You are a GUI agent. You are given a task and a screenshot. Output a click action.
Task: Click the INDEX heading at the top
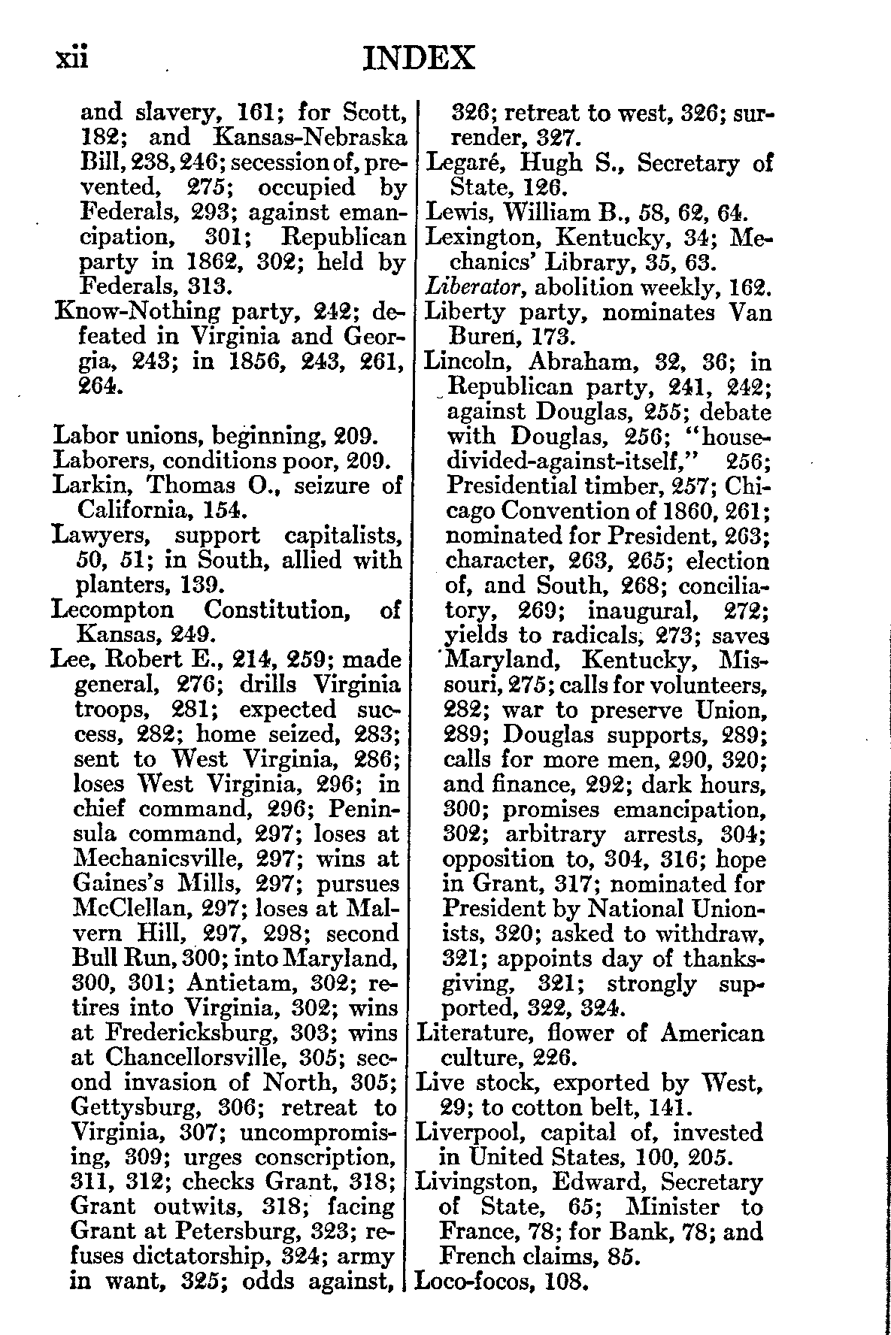[418, 58]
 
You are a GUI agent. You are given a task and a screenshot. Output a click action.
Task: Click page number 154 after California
[225, 510]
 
